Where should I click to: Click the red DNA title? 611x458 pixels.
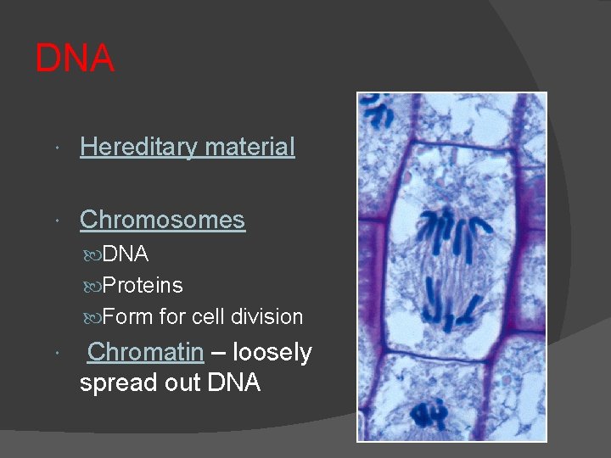click(x=75, y=59)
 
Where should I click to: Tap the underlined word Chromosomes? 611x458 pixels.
click(x=162, y=221)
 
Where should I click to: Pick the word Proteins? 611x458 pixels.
click(x=143, y=286)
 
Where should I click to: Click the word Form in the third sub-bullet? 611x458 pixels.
click(x=127, y=317)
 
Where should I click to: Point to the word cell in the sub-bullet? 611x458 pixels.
click(x=207, y=317)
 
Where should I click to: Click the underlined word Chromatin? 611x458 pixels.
click(x=146, y=352)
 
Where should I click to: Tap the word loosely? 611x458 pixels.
click(x=272, y=352)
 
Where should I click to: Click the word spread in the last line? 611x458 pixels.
click(x=118, y=383)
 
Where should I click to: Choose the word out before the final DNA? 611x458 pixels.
click(x=182, y=383)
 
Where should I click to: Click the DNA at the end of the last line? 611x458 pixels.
click(x=233, y=383)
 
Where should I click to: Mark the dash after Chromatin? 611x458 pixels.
click(x=218, y=353)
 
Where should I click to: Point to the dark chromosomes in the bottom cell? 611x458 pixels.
click(x=429, y=413)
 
